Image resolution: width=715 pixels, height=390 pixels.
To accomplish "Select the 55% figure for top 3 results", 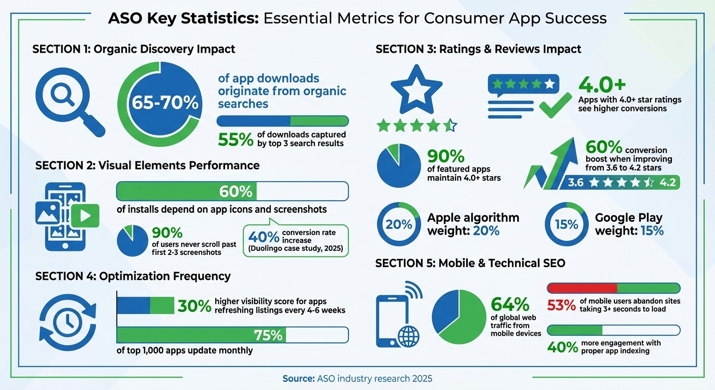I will click(235, 139).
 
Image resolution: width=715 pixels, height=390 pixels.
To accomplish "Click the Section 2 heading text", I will click(147, 165).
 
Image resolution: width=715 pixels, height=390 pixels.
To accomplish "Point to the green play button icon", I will click(85, 217).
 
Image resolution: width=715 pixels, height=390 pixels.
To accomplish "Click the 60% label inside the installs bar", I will click(236, 191).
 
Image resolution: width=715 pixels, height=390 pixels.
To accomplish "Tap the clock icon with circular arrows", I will click(68, 319).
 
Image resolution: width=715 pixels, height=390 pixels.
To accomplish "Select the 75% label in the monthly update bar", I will click(269, 335).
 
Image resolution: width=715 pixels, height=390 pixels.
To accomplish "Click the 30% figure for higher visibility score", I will click(194, 306).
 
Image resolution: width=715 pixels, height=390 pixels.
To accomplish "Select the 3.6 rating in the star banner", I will click(576, 182).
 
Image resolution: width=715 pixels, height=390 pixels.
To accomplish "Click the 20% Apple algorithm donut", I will click(398, 224).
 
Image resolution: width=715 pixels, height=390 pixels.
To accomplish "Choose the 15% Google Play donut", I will click(566, 224).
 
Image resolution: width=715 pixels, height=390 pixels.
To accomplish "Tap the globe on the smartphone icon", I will click(409, 336).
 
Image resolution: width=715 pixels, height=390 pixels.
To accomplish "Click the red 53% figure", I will click(561, 305).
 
